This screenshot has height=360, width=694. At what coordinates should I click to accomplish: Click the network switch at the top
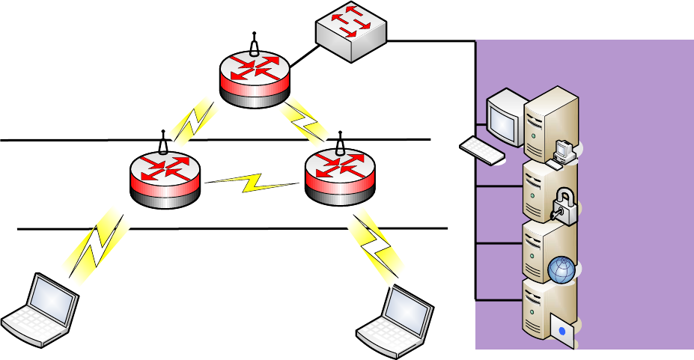point(350,32)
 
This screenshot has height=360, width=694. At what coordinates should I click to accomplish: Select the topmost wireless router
point(254,76)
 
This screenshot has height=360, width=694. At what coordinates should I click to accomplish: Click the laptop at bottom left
point(40,311)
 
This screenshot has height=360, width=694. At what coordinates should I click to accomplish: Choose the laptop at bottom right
point(395,318)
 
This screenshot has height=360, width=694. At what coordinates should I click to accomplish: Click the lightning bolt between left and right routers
point(252,183)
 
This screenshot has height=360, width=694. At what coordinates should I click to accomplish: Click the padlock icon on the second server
point(564,204)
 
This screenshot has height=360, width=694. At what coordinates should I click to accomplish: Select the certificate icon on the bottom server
point(563,329)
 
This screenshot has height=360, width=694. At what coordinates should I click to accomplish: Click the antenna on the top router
point(254,43)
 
